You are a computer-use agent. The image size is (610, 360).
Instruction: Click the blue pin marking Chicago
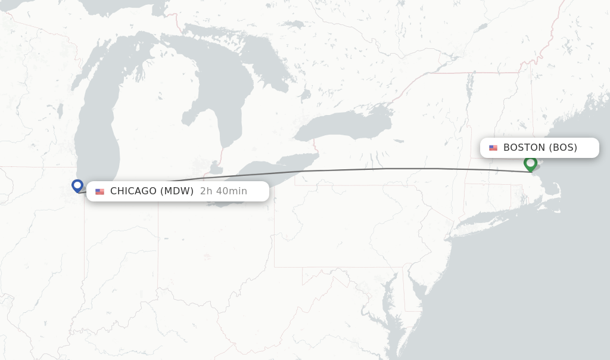tap(77, 185)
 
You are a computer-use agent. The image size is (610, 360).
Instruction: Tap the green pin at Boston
tap(530, 163)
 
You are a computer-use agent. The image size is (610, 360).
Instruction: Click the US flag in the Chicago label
tap(99, 191)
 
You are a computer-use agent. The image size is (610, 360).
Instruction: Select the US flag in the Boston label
tap(493, 148)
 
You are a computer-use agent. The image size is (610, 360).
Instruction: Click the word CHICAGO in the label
tap(133, 191)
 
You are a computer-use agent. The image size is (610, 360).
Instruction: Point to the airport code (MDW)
tap(177, 191)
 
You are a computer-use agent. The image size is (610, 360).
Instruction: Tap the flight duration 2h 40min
tap(223, 191)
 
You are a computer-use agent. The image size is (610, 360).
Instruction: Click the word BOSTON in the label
tap(524, 148)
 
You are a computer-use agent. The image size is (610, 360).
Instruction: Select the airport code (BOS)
tap(563, 148)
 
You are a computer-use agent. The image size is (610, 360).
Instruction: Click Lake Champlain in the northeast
tap(470, 83)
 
